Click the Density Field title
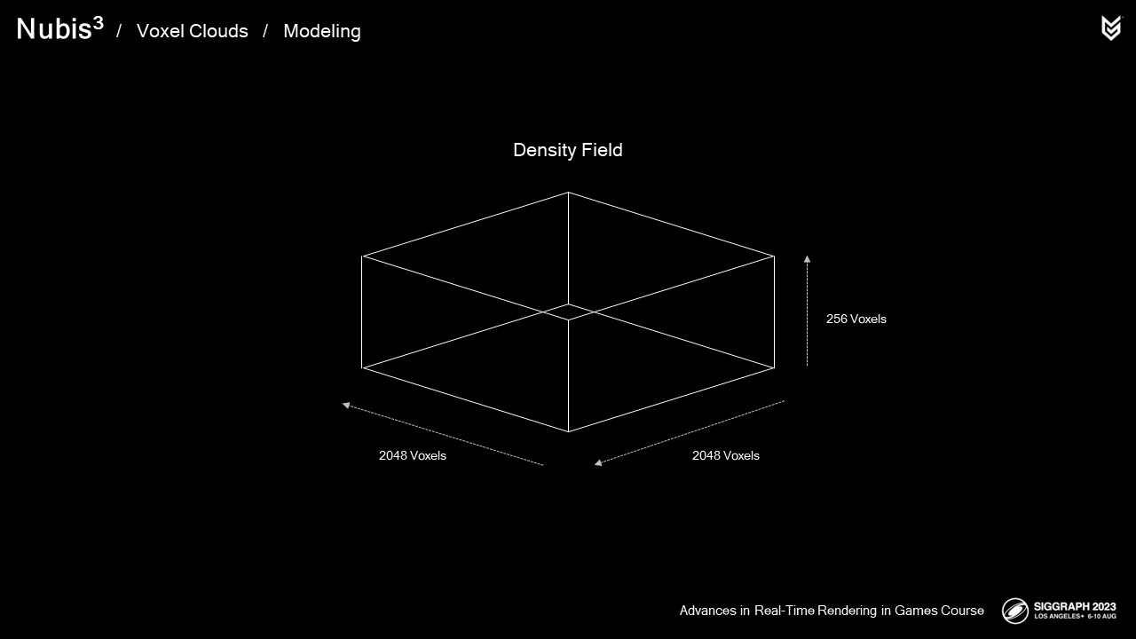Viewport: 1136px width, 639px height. [568, 150]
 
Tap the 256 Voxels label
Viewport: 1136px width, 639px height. [856, 319]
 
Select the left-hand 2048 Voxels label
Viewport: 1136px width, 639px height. [412, 455]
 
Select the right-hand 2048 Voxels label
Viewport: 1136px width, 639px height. [725, 455]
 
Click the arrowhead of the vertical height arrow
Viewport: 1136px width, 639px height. [807, 260]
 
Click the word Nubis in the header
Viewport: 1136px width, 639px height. [52, 30]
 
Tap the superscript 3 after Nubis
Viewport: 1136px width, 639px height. [98, 24]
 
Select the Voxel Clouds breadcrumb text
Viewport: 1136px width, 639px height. [192, 31]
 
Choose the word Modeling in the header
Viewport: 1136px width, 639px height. [321, 31]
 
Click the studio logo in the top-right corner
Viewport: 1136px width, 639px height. [1110, 28]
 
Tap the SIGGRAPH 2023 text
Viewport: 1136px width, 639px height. [1074, 606]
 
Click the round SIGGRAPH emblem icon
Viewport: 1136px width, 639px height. [1015, 611]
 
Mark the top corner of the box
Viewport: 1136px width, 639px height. [568, 192]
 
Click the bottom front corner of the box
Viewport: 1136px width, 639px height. [568, 432]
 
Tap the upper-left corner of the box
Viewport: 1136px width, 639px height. [362, 256]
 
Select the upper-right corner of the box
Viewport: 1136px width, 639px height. [774, 256]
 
